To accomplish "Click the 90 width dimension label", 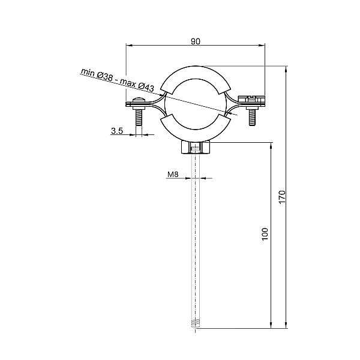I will (x=195, y=41).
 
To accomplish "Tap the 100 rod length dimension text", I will (x=265, y=234).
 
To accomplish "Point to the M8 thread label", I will (x=172, y=175).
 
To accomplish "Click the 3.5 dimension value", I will (x=118, y=130).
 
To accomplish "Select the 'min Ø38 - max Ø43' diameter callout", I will (x=118, y=80).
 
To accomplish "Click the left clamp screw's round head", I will (x=139, y=100).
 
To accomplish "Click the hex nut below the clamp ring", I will (x=196, y=148).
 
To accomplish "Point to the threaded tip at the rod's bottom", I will (x=196, y=325).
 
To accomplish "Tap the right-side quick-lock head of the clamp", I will (x=252, y=98).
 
